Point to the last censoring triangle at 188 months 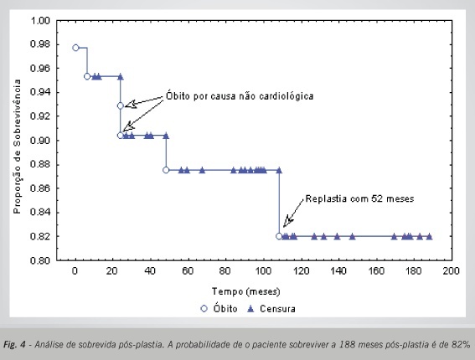click(429, 236)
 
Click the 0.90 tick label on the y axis click(39, 141)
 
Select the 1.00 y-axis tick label click(39, 21)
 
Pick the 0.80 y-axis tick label click(39, 260)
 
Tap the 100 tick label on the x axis click(263, 271)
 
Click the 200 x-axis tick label click(452, 271)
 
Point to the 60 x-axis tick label click(188, 271)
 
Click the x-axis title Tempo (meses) click(246, 291)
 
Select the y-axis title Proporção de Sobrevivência click(18, 147)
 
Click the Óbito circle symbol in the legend click(204, 309)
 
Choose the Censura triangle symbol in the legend click(250, 309)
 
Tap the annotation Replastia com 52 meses click(359, 199)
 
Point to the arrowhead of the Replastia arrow click(284, 226)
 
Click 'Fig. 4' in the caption click(14, 345)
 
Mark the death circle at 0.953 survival click(87, 76)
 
